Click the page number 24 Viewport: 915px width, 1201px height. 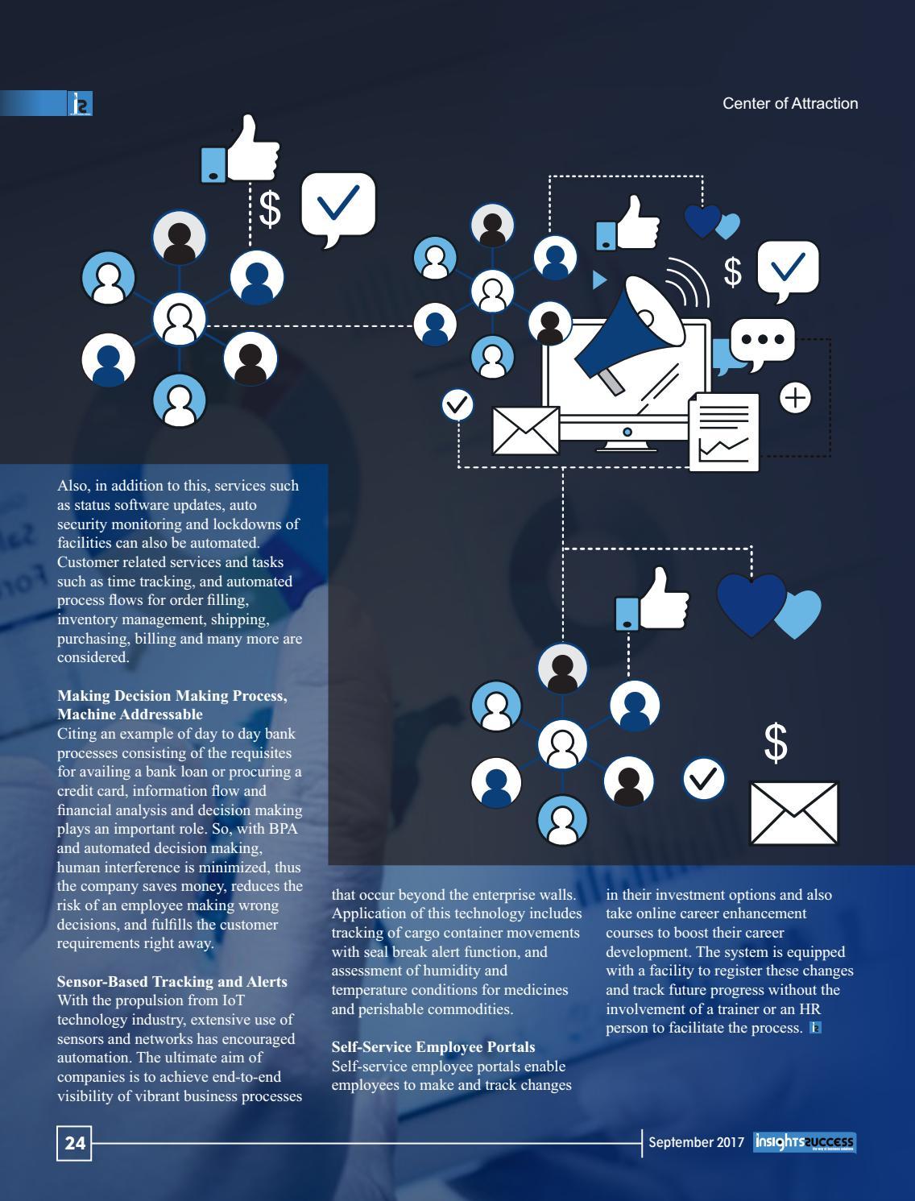pyautogui.click(x=74, y=1143)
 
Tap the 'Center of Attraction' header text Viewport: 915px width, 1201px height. pyautogui.click(x=789, y=103)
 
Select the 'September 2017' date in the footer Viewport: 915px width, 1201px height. pyautogui.click(x=696, y=1142)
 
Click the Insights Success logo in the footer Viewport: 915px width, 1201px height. pyautogui.click(x=805, y=1142)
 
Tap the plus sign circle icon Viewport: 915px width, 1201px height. pyautogui.click(x=795, y=398)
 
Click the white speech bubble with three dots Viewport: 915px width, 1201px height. pyautogui.click(x=762, y=342)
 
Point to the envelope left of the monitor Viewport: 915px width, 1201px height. pyautogui.click(x=525, y=430)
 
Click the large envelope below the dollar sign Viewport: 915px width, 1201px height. pyautogui.click(x=793, y=813)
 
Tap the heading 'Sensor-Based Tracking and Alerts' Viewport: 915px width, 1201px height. pyautogui.click(x=172, y=981)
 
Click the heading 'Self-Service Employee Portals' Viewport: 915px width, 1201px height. pyautogui.click(x=433, y=1046)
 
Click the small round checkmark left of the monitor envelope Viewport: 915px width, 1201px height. pyautogui.click(x=457, y=404)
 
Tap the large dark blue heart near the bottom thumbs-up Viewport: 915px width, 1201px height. pyautogui.click(x=750, y=603)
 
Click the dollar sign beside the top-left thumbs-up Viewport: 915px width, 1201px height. pyautogui.click(x=270, y=209)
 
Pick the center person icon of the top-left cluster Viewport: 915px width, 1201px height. pyautogui.click(x=179, y=318)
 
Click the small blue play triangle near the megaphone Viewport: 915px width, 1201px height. pyautogui.click(x=598, y=280)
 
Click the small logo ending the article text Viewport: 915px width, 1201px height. pyautogui.click(x=815, y=1028)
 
